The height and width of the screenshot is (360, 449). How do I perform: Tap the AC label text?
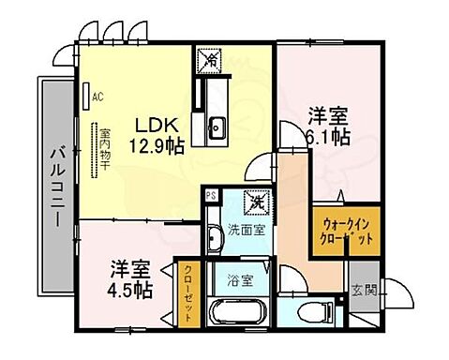coord(98,95)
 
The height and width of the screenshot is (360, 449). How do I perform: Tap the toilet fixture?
coord(305,311)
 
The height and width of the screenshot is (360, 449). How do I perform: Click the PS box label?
coord(212,196)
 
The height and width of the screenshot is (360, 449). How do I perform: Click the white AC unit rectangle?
coord(86,95)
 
